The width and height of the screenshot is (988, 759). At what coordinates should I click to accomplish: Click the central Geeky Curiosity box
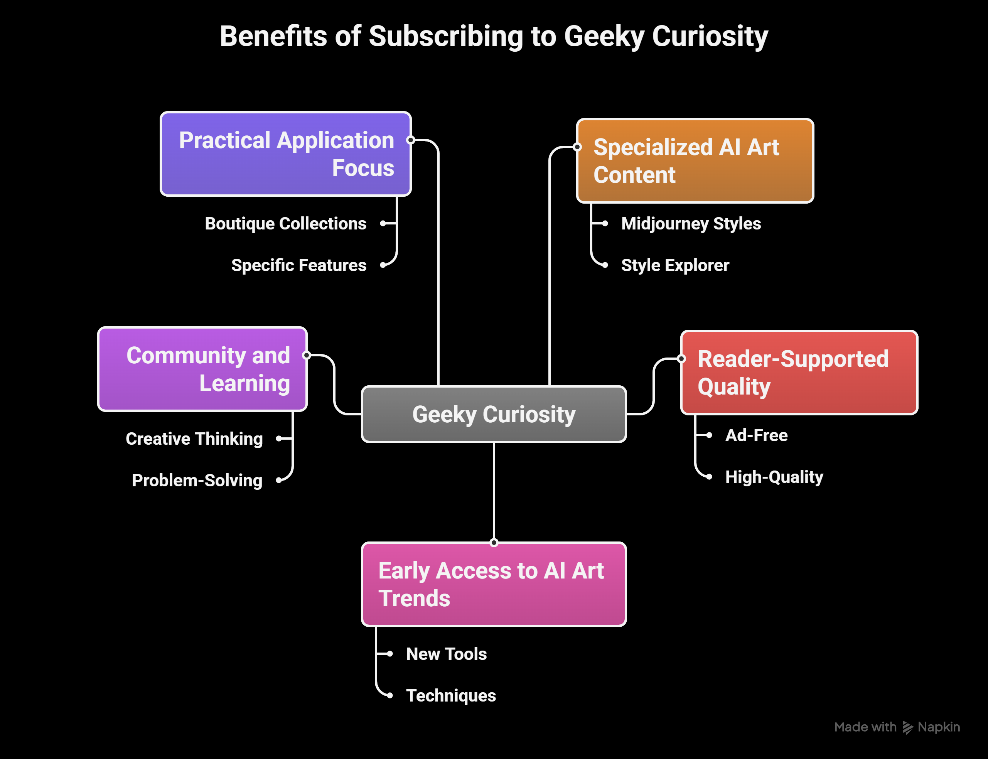click(494, 414)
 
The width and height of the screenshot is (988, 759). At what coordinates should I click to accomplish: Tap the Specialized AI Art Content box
click(695, 161)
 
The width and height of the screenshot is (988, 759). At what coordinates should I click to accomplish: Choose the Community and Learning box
click(202, 369)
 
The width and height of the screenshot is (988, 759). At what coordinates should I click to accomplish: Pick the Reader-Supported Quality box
click(799, 373)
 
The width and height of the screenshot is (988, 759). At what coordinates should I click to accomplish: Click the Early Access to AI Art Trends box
click(494, 584)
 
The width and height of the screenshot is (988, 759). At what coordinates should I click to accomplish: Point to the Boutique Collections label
click(285, 224)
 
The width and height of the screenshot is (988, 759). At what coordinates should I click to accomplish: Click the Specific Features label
click(298, 265)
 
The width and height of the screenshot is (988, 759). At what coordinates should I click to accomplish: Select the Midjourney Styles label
click(691, 224)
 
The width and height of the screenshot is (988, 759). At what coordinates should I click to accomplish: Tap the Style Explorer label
click(675, 265)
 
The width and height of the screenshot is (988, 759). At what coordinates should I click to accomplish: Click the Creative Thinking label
click(194, 439)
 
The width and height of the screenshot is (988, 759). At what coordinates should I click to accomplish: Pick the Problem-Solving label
click(197, 480)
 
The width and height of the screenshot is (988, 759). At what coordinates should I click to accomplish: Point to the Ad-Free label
click(756, 435)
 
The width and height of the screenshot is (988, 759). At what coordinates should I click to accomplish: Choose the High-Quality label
click(774, 477)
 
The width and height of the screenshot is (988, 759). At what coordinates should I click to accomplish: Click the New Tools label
click(446, 654)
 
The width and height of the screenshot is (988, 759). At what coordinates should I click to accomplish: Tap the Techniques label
click(451, 696)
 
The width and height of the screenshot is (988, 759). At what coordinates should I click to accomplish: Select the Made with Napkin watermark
click(897, 727)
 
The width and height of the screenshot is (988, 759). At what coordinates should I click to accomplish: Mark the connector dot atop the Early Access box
click(494, 543)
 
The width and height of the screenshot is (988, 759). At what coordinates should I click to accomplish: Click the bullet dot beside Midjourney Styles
click(605, 223)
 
